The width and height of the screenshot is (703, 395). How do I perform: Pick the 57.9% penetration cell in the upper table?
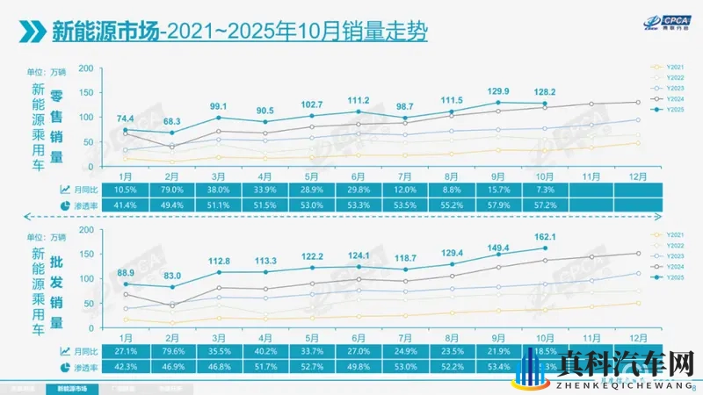(499, 204)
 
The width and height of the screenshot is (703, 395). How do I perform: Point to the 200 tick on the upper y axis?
(86, 68)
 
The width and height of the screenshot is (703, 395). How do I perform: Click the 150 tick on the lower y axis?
(86, 255)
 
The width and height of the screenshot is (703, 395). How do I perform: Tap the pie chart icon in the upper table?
(64, 204)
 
